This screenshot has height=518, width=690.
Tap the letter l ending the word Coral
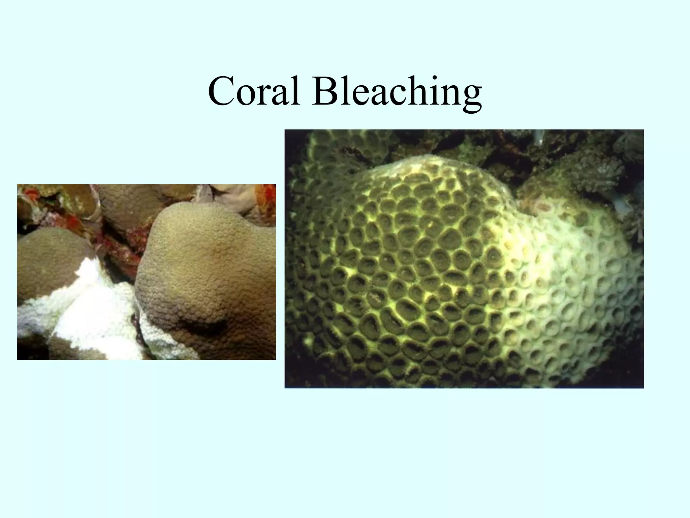tap(296, 89)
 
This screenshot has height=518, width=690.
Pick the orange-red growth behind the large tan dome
tap(264, 199)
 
